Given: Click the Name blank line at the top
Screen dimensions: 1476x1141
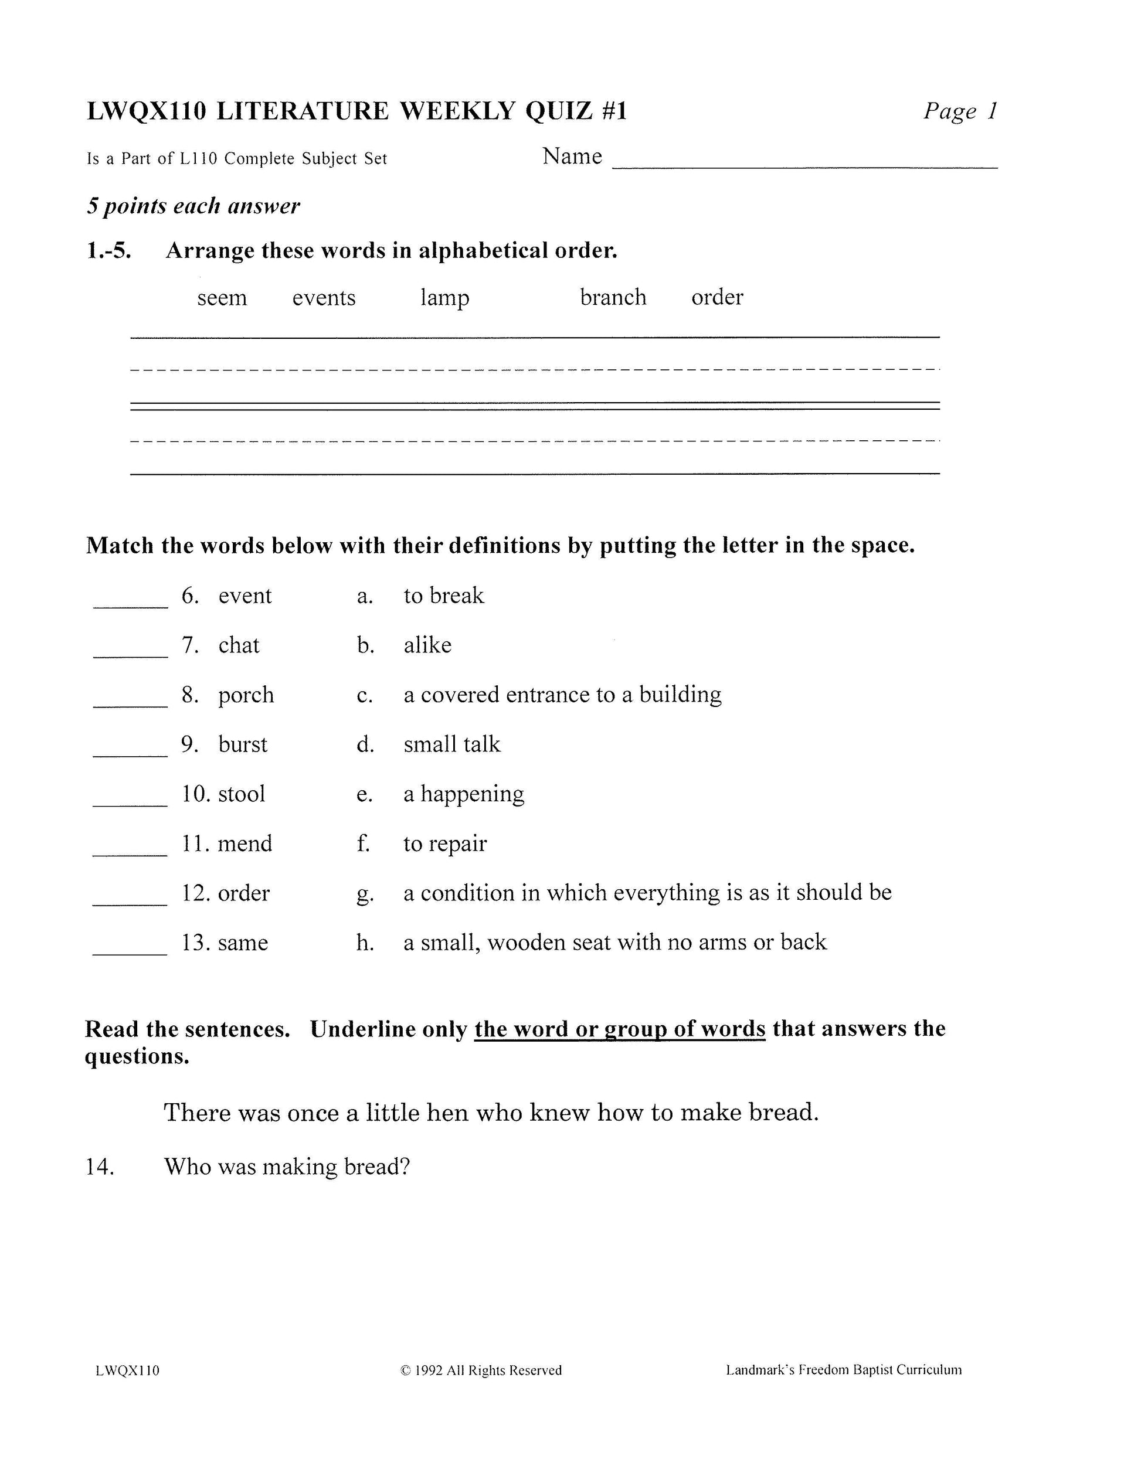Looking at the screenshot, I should (x=804, y=165).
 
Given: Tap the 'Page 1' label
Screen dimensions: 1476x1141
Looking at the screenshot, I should (x=960, y=111).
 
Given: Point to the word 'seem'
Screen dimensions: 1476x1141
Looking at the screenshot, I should (x=222, y=298).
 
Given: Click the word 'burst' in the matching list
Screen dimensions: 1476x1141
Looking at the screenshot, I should (x=243, y=745).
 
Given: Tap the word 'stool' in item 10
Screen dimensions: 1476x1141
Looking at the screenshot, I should (x=242, y=794).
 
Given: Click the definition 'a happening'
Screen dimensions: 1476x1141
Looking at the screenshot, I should (x=464, y=795).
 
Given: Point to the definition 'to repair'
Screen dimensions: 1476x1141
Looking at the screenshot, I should (x=445, y=844).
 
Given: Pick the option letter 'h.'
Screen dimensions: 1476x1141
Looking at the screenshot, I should (x=365, y=943).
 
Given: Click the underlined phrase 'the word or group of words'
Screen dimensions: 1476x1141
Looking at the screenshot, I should (x=619, y=1029).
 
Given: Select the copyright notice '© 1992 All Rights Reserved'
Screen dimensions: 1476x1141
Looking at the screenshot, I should (x=481, y=1370).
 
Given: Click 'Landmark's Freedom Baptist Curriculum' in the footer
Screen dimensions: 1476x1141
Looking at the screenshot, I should (x=843, y=1370).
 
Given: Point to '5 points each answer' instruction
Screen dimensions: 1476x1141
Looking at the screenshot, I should (x=193, y=206).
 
